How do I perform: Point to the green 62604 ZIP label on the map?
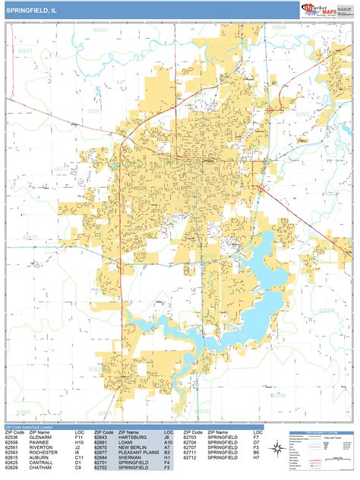[x=279, y=27]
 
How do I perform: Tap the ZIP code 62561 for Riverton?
[x=12, y=449]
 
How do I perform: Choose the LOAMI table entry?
[x=125, y=444]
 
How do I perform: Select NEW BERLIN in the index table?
[x=133, y=449]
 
